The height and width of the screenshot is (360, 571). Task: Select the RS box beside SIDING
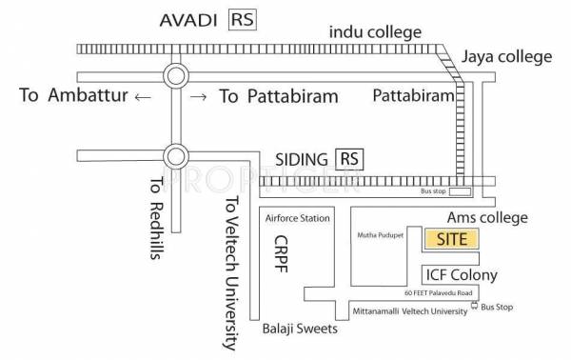click(x=351, y=158)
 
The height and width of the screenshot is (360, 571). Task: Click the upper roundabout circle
click(x=176, y=75)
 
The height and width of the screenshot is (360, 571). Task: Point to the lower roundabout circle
click(x=176, y=153)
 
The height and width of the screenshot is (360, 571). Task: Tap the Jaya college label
click(x=506, y=57)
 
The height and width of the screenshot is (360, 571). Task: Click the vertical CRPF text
click(x=281, y=253)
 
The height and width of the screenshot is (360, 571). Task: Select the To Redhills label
click(x=156, y=208)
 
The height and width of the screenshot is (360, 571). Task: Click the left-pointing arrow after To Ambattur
click(x=141, y=97)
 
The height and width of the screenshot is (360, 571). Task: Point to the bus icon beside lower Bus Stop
click(x=474, y=308)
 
